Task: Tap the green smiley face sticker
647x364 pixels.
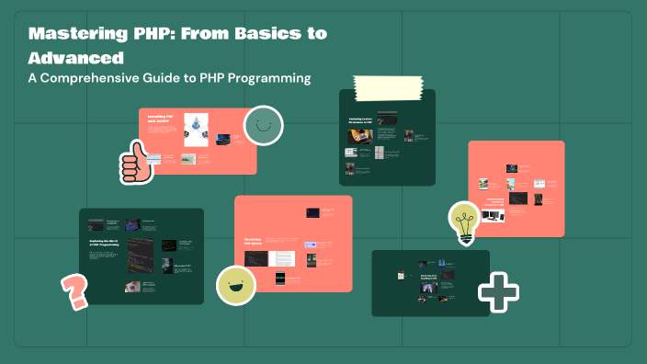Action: click(x=263, y=126)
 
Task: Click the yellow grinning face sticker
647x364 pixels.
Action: click(x=235, y=284)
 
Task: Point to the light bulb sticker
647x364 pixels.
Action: click(x=465, y=222)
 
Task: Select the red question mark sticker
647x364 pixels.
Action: click(x=74, y=292)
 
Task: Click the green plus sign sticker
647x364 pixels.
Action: click(x=498, y=293)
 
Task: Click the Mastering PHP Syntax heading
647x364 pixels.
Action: click(x=254, y=242)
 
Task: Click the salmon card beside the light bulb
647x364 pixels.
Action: click(x=516, y=188)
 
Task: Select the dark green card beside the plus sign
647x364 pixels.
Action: click(x=429, y=282)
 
